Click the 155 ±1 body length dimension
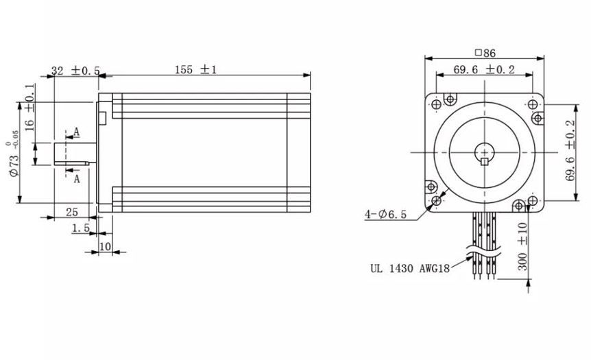point(195,70)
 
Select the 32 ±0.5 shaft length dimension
point(75,71)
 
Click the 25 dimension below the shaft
point(71,212)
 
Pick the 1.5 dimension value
point(81,228)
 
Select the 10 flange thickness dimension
point(105,245)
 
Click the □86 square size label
point(485,52)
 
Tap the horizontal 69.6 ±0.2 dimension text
point(484,69)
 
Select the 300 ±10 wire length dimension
point(523,247)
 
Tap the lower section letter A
point(77,178)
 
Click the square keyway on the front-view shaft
point(485,162)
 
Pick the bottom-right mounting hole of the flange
point(532,202)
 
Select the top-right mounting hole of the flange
point(532,104)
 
